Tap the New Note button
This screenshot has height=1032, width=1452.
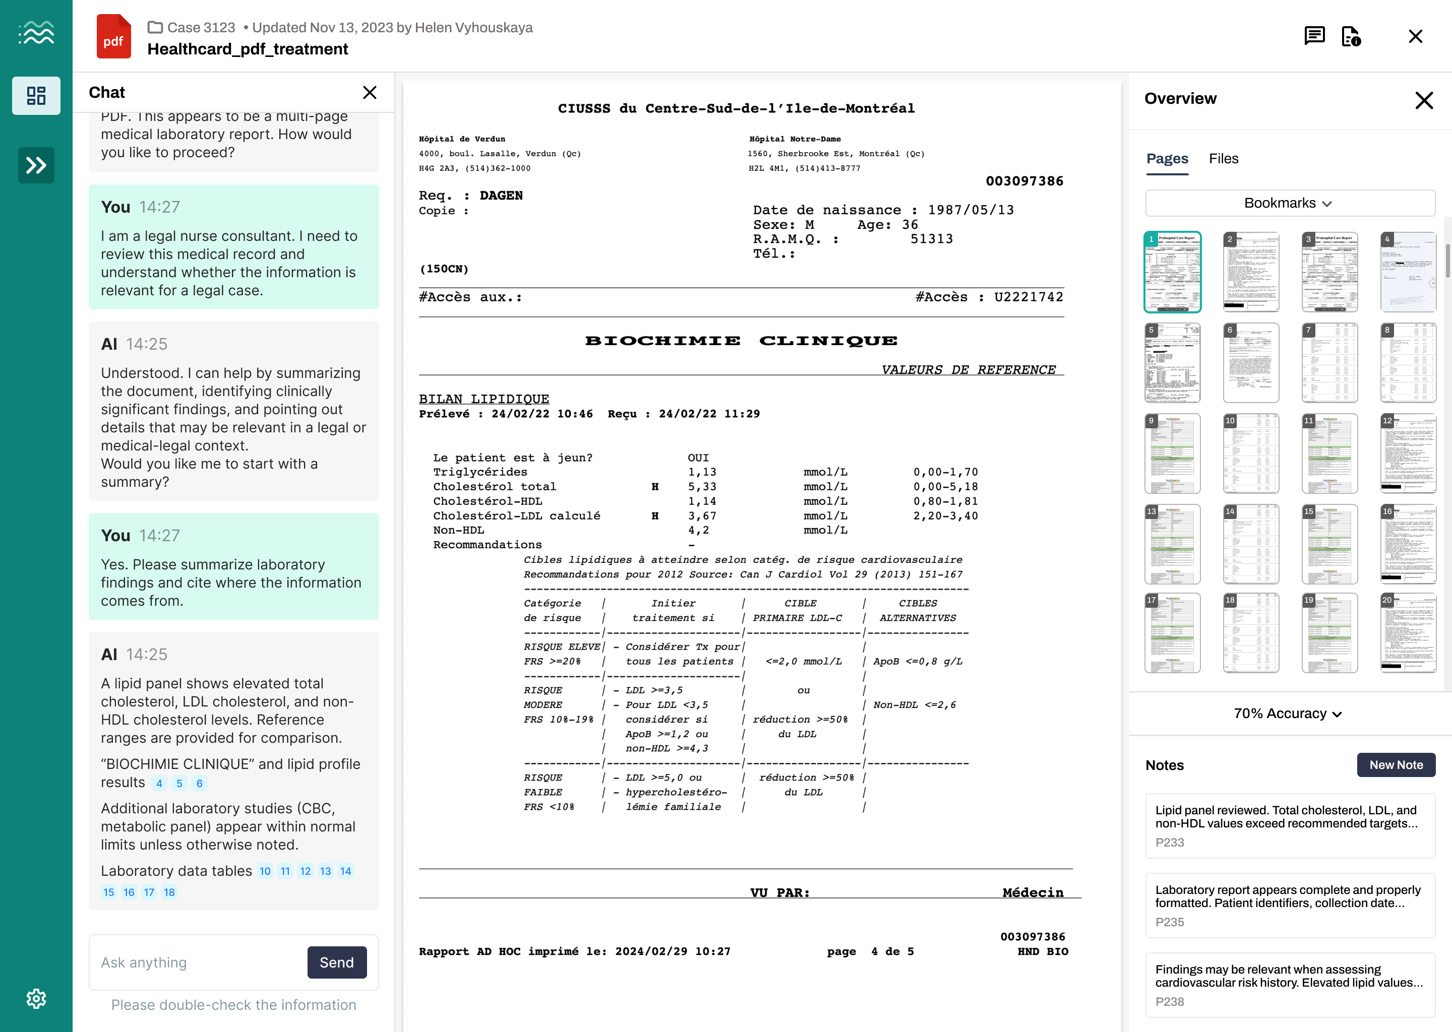[1396, 764]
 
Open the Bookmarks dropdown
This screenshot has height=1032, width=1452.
[1289, 204]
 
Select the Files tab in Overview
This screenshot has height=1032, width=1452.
[1223, 158]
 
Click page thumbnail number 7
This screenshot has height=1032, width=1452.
[1329, 363]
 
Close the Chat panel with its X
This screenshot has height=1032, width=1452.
[370, 93]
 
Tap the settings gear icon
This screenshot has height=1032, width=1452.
[36, 998]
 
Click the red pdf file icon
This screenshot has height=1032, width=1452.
[113, 37]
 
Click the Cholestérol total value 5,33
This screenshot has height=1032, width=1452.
[702, 487]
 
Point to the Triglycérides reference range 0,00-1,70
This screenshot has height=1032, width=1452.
[945, 472]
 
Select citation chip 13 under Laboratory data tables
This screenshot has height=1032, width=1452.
[326, 871]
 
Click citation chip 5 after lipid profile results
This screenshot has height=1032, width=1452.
[179, 783]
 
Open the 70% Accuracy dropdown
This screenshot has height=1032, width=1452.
[1288, 714]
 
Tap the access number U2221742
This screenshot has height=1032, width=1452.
[1028, 297]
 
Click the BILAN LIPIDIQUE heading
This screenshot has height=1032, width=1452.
[484, 399]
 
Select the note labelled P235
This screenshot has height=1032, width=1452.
[1289, 905]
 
